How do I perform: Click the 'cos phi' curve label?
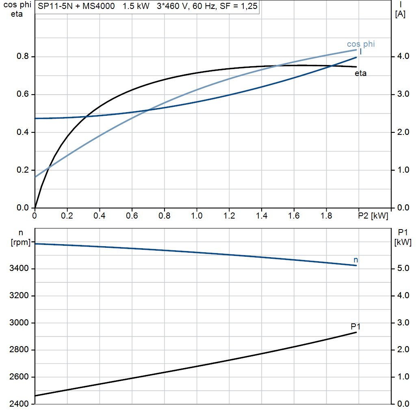(x=361, y=44)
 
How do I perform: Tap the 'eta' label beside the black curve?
(x=360, y=74)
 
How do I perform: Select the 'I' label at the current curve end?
(x=360, y=52)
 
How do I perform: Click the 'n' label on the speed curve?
(x=356, y=260)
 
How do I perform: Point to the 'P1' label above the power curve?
(x=355, y=326)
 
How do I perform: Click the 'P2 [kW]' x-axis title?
(x=373, y=216)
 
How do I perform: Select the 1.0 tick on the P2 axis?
(x=197, y=216)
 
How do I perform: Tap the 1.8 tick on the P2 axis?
(x=326, y=216)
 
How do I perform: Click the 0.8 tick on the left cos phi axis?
(x=23, y=56)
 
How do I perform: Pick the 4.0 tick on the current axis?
(x=401, y=56)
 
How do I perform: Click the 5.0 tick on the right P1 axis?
(x=401, y=269)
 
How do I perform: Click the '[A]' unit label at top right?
(x=400, y=14)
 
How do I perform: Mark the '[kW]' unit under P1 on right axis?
(x=403, y=243)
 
